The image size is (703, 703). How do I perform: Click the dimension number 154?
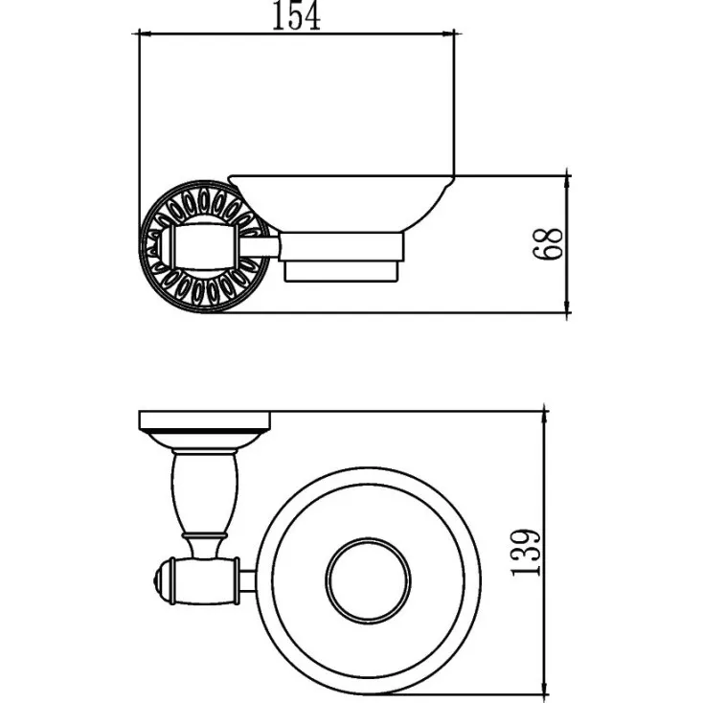[x=296, y=16]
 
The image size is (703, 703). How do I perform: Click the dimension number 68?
[x=548, y=243]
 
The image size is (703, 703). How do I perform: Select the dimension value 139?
[x=526, y=553]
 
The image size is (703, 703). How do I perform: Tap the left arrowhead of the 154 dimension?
[x=147, y=34]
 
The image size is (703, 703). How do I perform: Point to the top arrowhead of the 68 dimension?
[x=568, y=183]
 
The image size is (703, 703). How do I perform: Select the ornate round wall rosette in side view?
[x=205, y=246]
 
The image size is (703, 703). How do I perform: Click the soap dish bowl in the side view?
[x=342, y=203]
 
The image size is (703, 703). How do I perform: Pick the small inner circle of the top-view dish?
[x=368, y=580]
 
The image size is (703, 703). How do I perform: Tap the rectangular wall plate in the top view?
[x=205, y=420]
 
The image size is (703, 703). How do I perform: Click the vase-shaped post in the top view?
[x=205, y=492]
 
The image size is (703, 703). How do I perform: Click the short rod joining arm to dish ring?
[x=249, y=581]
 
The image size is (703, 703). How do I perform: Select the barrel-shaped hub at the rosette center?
[x=205, y=247]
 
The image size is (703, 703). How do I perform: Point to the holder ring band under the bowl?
[x=341, y=247]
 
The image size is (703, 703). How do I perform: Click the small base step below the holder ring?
[x=341, y=272]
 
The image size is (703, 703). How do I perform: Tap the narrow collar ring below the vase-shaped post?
[x=204, y=535]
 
